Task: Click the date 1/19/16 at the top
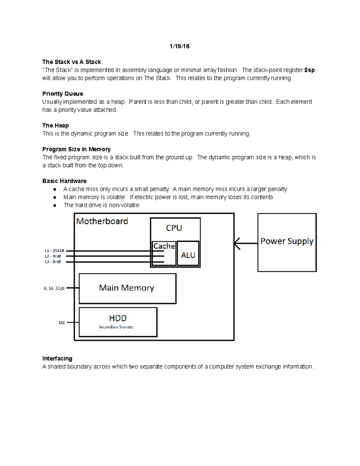pyautogui.click(x=179, y=46)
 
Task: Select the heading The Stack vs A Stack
pyautogui.click(x=71, y=62)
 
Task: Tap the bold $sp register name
pyautogui.click(x=309, y=70)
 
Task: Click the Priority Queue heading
pyautogui.click(x=63, y=94)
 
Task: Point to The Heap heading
pyautogui.click(x=55, y=125)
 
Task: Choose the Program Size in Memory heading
pyautogui.click(x=76, y=149)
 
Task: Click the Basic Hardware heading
pyautogui.click(x=64, y=181)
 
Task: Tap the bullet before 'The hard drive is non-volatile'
pyautogui.click(x=55, y=206)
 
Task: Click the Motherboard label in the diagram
pyautogui.click(x=102, y=221)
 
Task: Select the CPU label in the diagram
pyautogui.click(x=174, y=228)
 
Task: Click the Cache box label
pyautogui.click(x=164, y=246)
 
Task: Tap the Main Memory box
pyautogui.click(x=127, y=288)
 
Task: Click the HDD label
pyautogui.click(x=118, y=318)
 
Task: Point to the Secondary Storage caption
pyautogui.click(x=116, y=327)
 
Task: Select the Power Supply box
pyautogui.click(x=287, y=242)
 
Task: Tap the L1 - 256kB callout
pyautogui.click(x=54, y=251)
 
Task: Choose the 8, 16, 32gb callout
pyautogui.click(x=54, y=288)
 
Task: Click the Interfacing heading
pyautogui.click(x=57, y=359)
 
